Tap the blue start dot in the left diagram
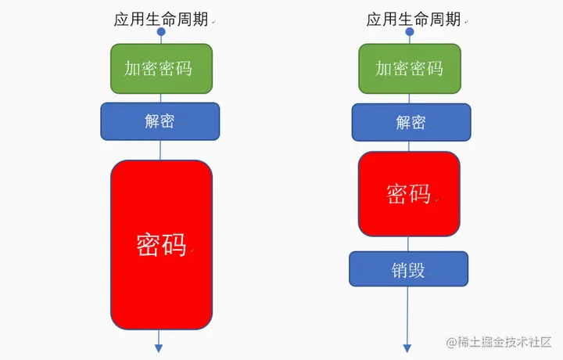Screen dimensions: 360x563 [161, 33]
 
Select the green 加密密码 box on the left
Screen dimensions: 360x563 [161, 68]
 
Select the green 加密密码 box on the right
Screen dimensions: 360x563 [410, 68]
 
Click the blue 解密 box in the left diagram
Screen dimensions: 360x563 [160, 121]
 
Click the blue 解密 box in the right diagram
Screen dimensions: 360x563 [411, 122]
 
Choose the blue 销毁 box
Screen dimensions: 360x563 [408, 269]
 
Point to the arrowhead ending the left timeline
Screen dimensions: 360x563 [159, 347]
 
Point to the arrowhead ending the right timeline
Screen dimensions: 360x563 [407, 347]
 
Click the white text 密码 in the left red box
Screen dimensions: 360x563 [161, 244]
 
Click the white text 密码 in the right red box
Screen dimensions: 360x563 [409, 193]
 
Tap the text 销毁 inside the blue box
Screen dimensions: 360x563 [408, 270]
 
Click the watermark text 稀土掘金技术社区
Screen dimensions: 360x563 [505, 343]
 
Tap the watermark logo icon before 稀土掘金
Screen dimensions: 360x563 [451, 343]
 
